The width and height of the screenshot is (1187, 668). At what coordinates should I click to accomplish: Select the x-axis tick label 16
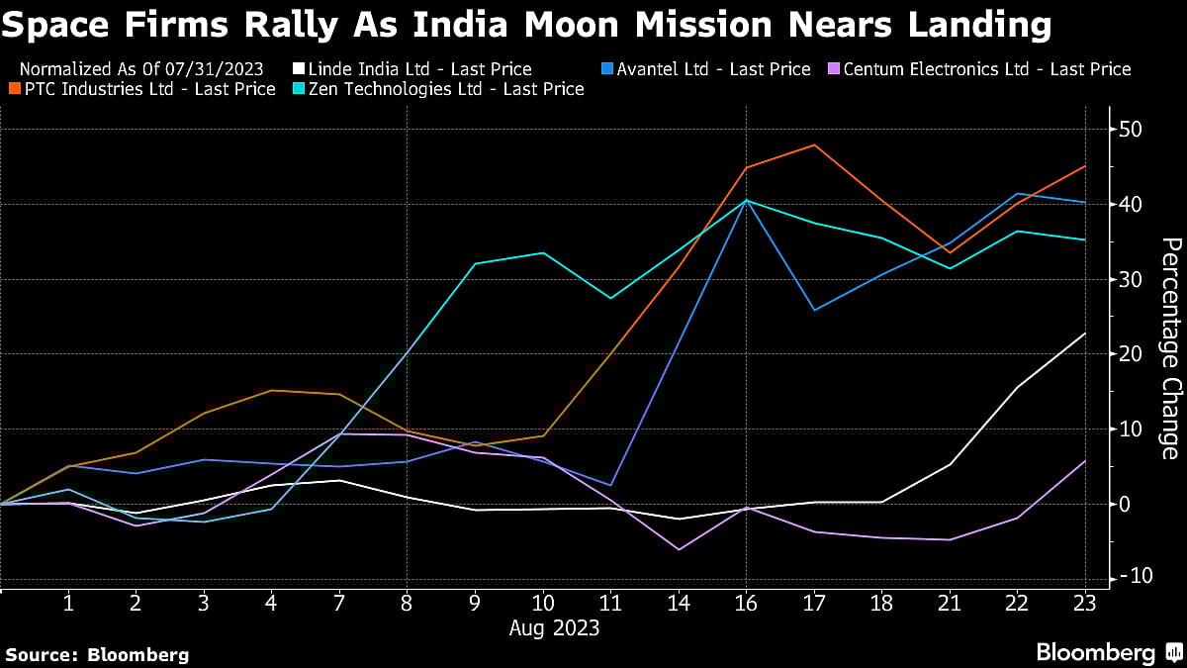tap(747, 601)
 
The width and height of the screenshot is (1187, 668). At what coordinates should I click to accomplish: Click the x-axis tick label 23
tap(1085, 601)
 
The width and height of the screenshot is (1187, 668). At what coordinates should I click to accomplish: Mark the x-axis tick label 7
tap(339, 601)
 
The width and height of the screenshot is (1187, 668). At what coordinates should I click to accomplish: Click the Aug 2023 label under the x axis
tap(554, 627)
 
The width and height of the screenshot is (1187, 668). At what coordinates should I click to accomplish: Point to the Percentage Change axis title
tap(1170, 348)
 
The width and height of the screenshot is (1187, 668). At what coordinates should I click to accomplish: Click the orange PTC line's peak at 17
tap(814, 144)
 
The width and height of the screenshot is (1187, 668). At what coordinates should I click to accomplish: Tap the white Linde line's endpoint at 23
tap(1085, 334)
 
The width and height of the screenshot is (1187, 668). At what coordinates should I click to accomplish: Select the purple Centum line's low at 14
tap(679, 549)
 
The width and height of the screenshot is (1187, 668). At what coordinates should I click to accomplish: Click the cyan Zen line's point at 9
tap(475, 263)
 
